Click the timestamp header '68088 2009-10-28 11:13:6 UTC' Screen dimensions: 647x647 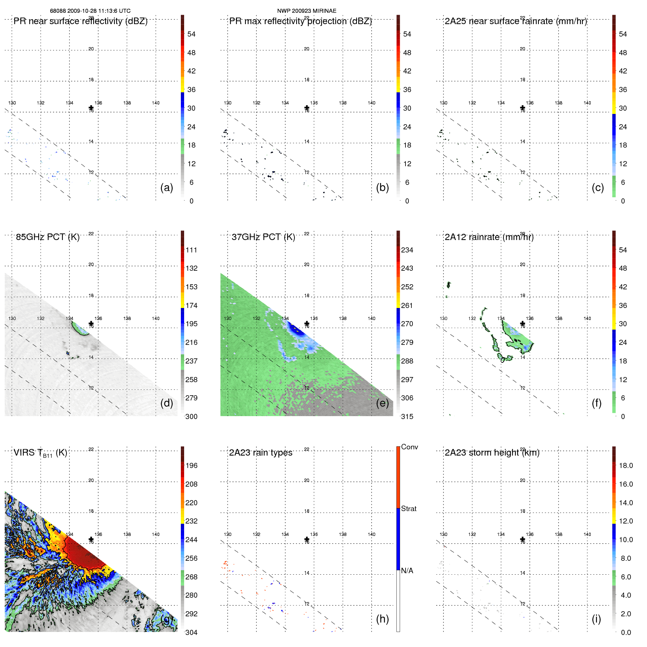pos(90,11)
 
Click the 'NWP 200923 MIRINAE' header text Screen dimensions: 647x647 pos(307,11)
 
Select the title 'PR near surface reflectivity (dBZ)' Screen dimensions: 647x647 pos(80,21)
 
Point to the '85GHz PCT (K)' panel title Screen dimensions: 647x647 pos(47,237)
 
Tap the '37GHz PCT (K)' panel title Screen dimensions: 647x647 pos(263,237)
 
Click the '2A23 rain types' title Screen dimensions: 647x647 pos(260,453)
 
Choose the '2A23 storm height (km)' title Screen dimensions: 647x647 pos(492,453)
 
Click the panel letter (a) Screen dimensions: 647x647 pos(167,187)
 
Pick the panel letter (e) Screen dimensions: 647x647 pos(382,403)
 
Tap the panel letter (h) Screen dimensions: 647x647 pos(382,619)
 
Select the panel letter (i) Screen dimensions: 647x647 pos(596,619)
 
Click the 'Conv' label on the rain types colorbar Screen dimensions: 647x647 pos(409,447)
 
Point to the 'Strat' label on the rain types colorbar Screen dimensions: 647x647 pos(408,509)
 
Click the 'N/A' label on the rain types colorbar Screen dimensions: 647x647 pos(407,571)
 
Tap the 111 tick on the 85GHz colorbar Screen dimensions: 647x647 pos(191,250)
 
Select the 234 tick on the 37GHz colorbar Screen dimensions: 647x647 pos(407,250)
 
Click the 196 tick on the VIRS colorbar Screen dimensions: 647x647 pos(191,465)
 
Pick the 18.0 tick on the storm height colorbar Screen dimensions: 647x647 pos(626,465)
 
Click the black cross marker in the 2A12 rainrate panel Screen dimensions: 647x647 pos(522,323)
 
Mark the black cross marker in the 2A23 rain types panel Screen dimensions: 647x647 pos(307,539)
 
